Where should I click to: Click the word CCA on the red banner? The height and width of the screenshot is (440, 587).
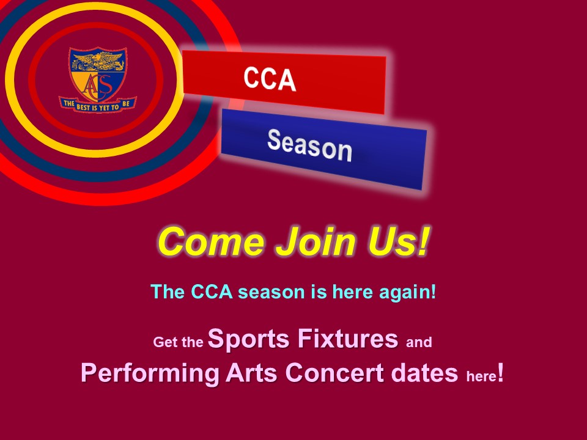coord(270,79)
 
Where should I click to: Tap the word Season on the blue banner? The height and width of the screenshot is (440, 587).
coord(310,145)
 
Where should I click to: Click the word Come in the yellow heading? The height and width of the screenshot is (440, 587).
coord(212,242)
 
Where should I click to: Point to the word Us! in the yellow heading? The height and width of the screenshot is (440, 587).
coord(398,241)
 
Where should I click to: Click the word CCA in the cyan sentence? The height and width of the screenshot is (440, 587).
coord(212,292)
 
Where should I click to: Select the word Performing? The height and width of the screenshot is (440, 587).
coord(150,373)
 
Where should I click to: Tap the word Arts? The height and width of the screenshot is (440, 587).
coord(251,373)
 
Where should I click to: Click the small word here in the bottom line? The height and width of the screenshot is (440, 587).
coord(481,376)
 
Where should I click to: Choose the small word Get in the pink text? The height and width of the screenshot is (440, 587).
coord(164,342)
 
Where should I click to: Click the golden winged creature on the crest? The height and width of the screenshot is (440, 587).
coord(98,61)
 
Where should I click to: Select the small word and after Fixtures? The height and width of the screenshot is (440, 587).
coord(419,342)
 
